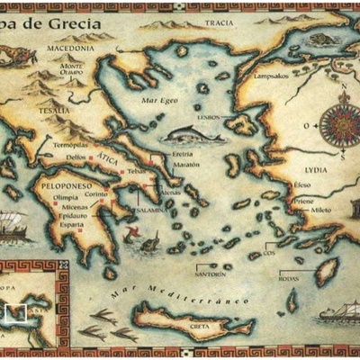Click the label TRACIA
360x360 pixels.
coord(219,24)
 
